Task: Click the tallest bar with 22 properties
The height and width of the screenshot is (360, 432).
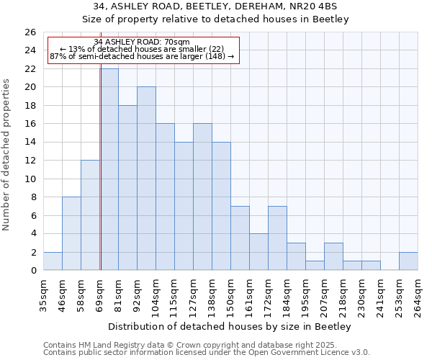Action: pyautogui.click(x=109, y=169)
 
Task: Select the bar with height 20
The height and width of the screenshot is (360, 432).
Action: pyautogui.click(x=146, y=179)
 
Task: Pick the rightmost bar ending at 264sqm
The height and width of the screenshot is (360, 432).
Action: pyautogui.click(x=408, y=261)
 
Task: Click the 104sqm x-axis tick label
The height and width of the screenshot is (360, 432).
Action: pyautogui.click(x=156, y=294)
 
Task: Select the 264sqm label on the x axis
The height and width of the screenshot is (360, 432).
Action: pyautogui.click(x=418, y=294)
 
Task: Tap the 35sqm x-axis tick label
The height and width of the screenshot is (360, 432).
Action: pyautogui.click(x=44, y=292)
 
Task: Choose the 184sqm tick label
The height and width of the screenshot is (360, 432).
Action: pyautogui.click(x=287, y=294)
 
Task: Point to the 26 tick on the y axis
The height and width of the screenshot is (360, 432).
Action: pyautogui.click(x=30, y=32)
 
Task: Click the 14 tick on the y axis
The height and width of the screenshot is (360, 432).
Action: pyautogui.click(x=30, y=143)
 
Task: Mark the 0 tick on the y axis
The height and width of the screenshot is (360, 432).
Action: pyautogui.click(x=33, y=271)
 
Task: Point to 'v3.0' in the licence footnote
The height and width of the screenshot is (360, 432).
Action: pyautogui.click(x=360, y=353)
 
